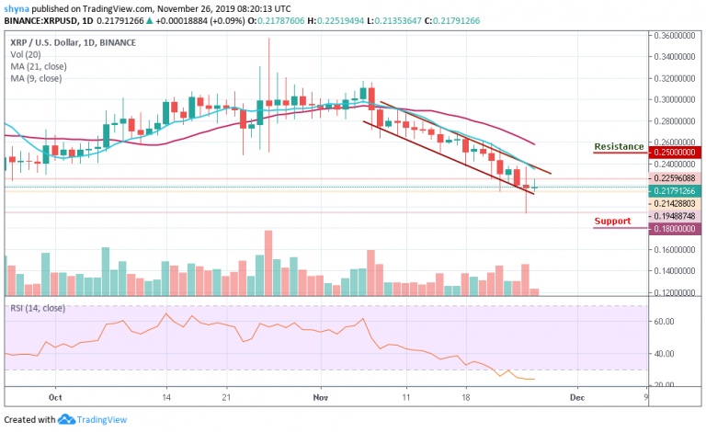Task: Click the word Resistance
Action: click(619, 146)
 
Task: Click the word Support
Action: click(612, 221)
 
